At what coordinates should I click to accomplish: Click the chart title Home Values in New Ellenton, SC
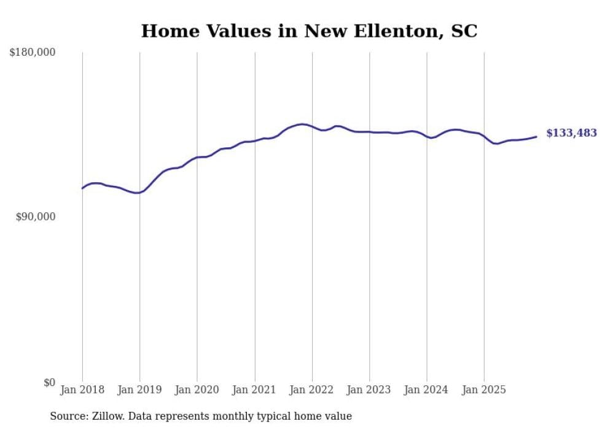(309, 31)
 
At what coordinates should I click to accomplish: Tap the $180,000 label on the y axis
(33, 53)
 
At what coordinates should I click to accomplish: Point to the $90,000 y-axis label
(35, 217)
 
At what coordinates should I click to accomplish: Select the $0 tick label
(49, 382)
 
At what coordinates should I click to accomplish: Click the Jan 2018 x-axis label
(82, 390)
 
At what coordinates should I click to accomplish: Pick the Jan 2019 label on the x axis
(139, 390)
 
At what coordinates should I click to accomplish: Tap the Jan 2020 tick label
(197, 390)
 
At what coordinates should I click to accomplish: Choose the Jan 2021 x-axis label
(254, 390)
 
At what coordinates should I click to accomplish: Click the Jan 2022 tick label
(312, 390)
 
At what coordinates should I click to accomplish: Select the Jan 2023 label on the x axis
(369, 390)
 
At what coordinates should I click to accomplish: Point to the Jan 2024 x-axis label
(427, 390)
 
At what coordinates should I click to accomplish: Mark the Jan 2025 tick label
(484, 390)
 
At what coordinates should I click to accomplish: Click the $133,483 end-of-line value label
(571, 133)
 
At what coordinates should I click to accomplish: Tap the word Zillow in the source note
(110, 416)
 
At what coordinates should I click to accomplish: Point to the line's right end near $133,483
(536, 137)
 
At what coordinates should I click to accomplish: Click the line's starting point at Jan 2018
(82, 188)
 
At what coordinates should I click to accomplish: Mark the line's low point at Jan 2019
(138, 193)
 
